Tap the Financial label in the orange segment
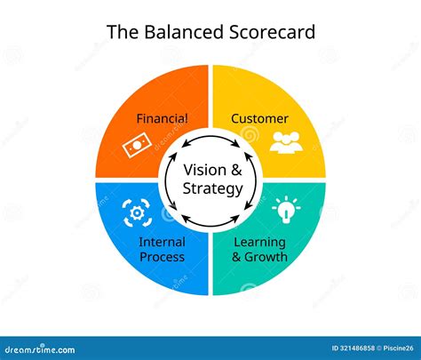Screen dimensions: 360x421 tap(162, 117)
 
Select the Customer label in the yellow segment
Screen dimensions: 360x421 tap(259, 117)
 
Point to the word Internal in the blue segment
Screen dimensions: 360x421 tap(163, 242)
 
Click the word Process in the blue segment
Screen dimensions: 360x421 tap(163, 257)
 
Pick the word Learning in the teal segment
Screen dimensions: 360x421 tap(259, 242)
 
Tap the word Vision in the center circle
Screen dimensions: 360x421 tap(202, 171)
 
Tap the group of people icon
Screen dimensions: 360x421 tap(286, 140)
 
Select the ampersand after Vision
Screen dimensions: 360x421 tap(235, 171)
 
